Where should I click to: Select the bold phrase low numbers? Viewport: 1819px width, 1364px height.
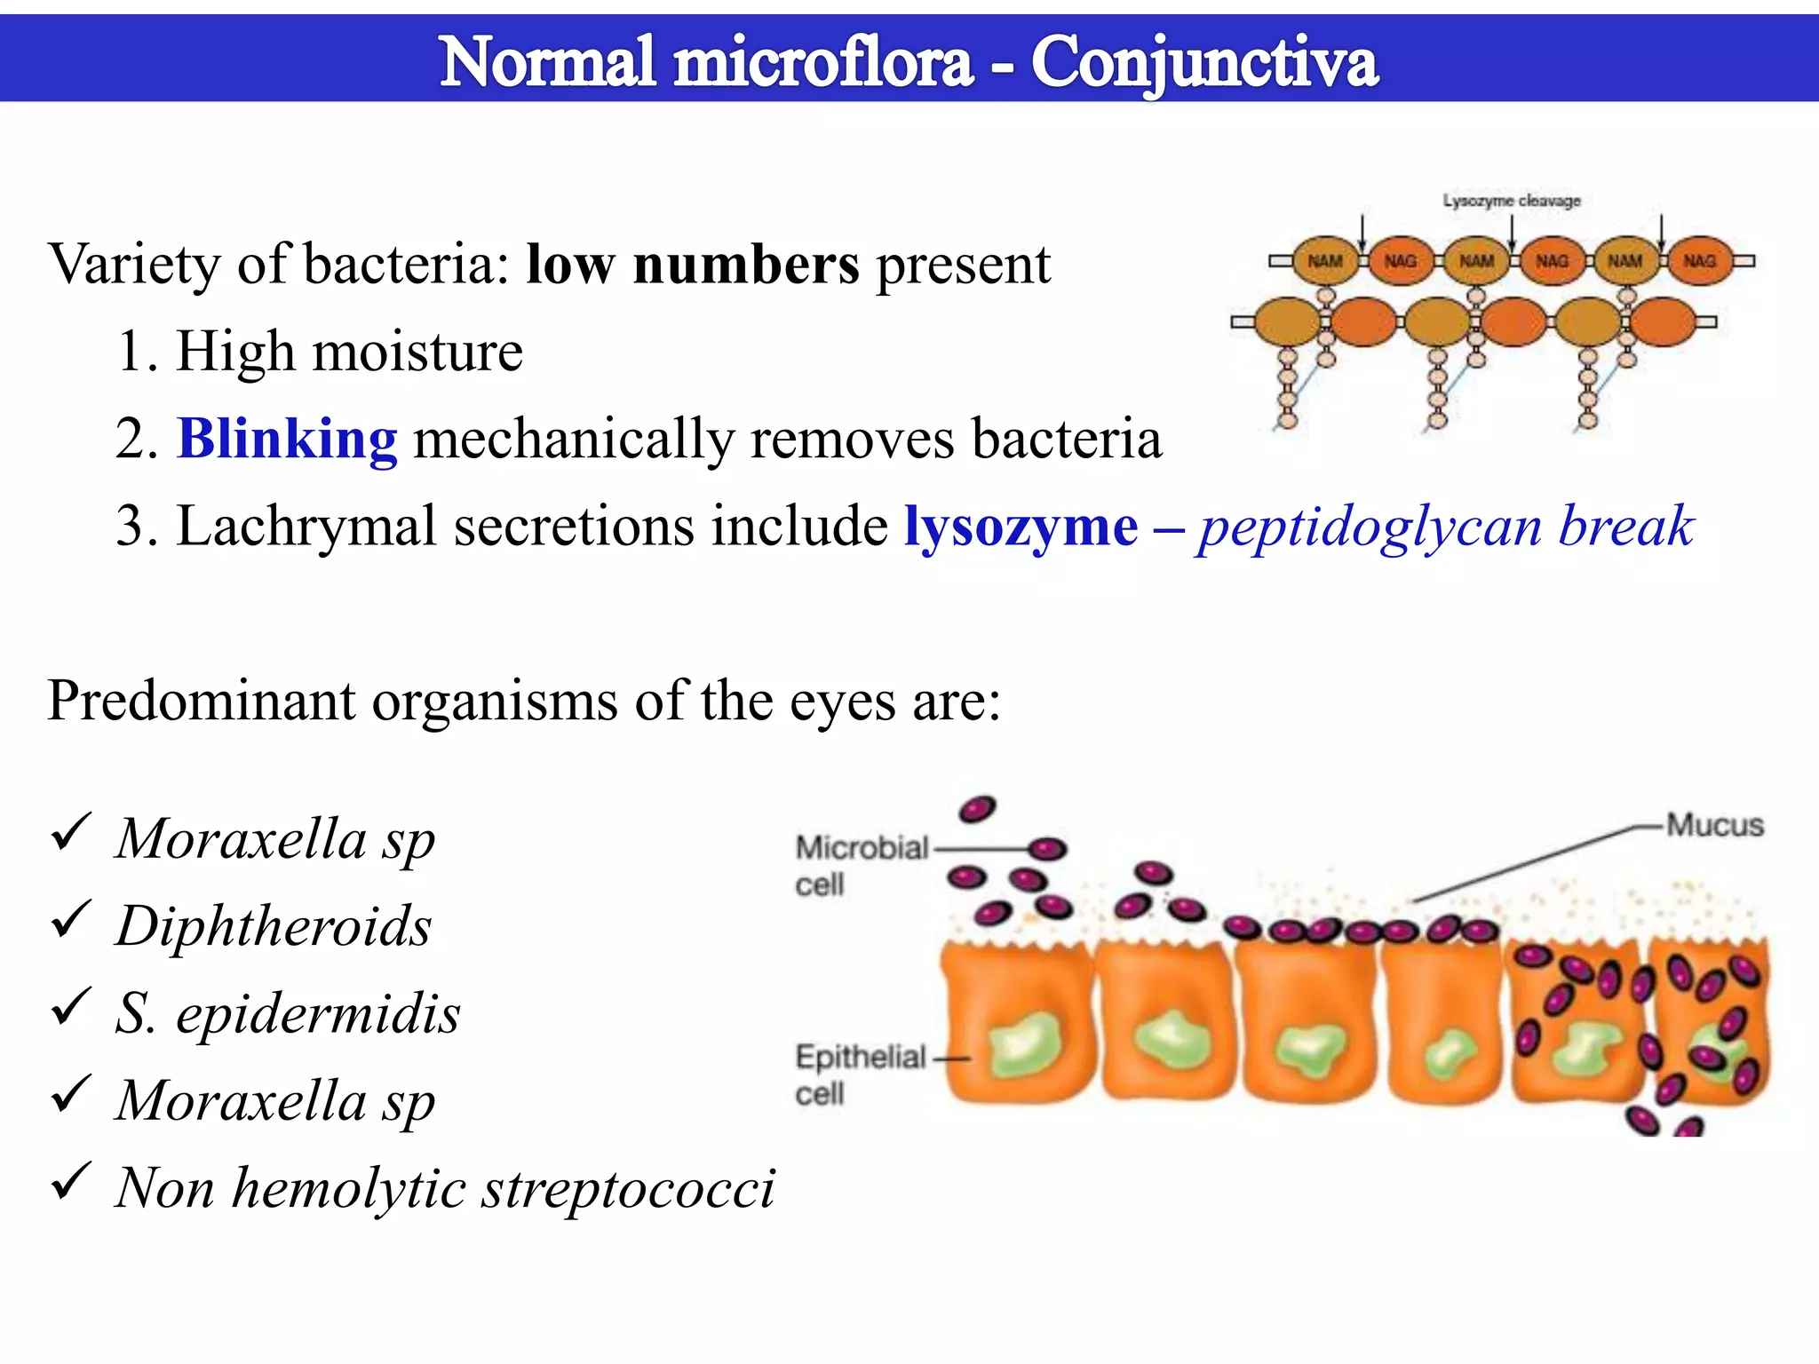[693, 265]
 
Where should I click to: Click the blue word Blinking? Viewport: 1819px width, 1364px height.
[287, 439]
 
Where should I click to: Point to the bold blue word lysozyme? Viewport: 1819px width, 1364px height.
[1021, 526]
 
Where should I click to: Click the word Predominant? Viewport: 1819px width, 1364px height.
[200, 701]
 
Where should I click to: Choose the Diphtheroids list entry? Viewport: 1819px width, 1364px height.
[274, 926]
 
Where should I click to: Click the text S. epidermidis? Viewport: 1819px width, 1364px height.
[288, 1013]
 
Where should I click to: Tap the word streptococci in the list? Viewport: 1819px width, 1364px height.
[628, 1188]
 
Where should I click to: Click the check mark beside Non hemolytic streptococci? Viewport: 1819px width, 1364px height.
[70, 1182]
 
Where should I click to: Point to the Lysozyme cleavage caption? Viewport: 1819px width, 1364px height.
[1511, 201]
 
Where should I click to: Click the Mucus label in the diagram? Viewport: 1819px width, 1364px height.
[1714, 825]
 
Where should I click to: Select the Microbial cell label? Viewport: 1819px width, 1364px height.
[860, 865]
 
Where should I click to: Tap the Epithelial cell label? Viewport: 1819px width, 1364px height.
[860, 1075]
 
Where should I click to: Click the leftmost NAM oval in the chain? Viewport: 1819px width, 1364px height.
[1324, 261]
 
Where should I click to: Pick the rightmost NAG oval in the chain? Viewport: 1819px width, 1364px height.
[1699, 261]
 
